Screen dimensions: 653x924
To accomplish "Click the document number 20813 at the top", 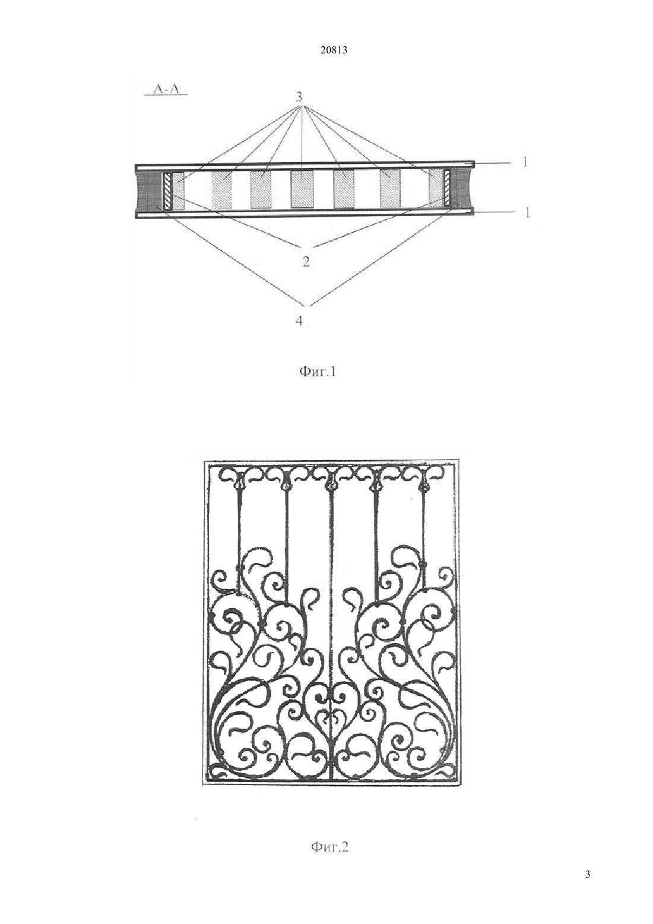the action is click(x=334, y=50).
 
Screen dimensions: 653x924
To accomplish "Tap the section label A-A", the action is click(x=166, y=88).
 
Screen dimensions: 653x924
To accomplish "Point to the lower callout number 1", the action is click(x=527, y=213).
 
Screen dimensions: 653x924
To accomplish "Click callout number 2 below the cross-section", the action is click(x=306, y=261).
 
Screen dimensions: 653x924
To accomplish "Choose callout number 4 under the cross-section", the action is click(x=299, y=320).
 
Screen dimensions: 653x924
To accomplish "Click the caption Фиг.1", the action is click(x=317, y=372).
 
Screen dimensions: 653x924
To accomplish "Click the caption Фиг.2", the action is click(x=329, y=847).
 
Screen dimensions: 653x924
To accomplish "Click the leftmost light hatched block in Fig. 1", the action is click(x=178, y=190).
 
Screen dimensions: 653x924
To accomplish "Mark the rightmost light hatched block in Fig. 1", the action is click(x=435, y=188).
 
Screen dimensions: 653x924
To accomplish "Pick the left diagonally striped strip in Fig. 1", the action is click(x=168, y=191).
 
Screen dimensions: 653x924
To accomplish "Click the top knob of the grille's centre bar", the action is click(x=330, y=487).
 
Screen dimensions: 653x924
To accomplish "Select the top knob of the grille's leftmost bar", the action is click(x=238, y=486).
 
